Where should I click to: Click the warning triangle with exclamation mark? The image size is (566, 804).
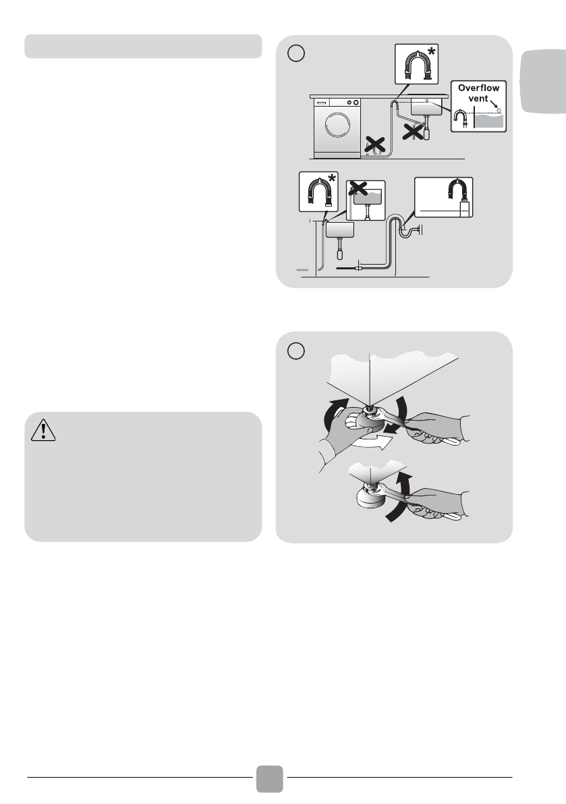coord(43,430)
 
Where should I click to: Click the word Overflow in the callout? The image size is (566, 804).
coord(478,88)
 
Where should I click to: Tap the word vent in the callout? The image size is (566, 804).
coord(478,98)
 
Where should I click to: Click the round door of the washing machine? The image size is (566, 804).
coord(337,124)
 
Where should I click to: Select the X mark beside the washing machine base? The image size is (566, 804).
coord(375,144)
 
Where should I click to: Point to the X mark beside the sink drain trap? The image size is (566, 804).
coord(414,131)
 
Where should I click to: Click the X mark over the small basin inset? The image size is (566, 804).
coord(358,188)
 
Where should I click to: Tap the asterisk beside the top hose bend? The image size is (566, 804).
coord(432,51)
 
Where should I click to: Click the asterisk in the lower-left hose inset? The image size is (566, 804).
coord(332,179)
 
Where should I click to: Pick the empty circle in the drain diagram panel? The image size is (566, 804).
coord(296,53)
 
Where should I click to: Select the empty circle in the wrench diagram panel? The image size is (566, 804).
coord(296,351)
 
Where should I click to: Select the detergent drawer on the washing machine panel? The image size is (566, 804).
coord(321,103)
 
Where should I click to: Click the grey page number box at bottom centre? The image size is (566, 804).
coord(269,778)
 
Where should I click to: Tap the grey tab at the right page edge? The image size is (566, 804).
coord(544,81)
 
